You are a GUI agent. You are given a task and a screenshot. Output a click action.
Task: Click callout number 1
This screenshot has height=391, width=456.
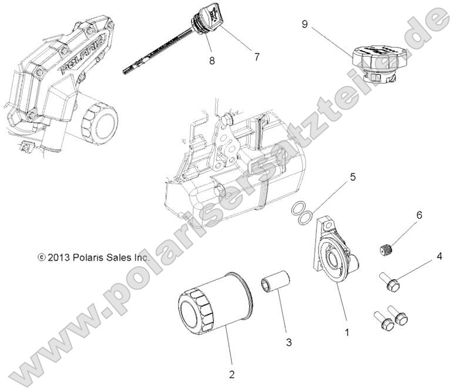coord(347,332)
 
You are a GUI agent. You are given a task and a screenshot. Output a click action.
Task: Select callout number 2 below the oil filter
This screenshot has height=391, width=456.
coord(232,374)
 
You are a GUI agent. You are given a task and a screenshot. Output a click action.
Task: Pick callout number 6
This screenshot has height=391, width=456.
coord(420,216)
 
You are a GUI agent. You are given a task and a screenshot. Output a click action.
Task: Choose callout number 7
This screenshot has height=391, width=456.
coord(257,57)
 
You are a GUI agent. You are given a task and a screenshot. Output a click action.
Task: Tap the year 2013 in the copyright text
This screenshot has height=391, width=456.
coord(61,257)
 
